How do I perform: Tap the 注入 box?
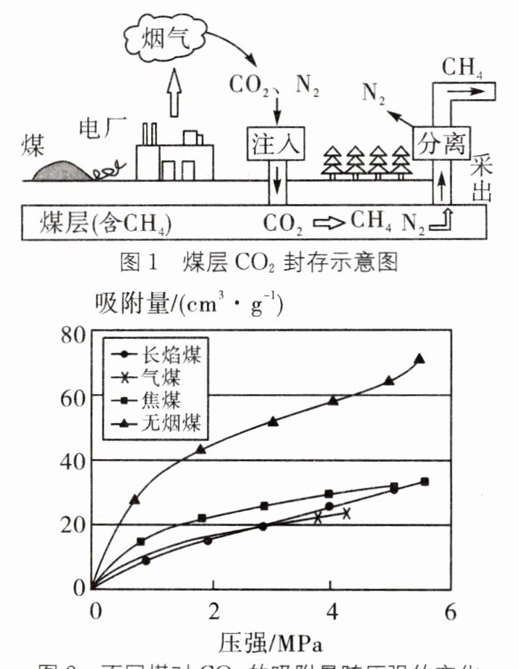[x=276, y=142]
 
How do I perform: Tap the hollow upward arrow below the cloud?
[x=174, y=93]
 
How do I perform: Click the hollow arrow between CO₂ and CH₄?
[x=328, y=221]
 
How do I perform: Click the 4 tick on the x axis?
[x=331, y=612]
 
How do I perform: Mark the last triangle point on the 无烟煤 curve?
[x=420, y=359]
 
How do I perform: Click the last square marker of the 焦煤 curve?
[x=424, y=482]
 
